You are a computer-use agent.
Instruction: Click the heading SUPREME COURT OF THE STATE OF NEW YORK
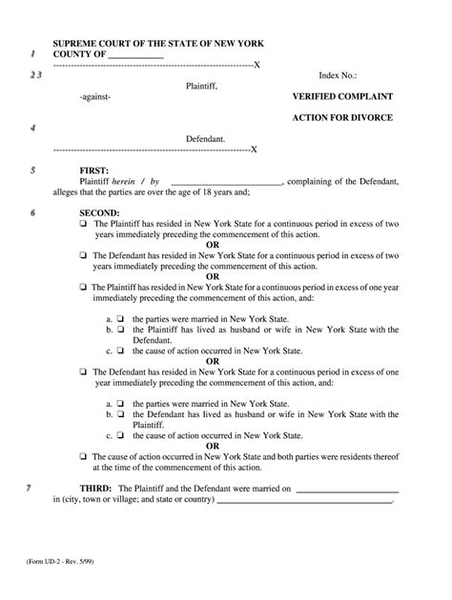pos(158,44)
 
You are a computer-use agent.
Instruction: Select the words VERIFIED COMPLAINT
pos(341,97)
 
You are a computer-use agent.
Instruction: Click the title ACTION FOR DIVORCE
pos(341,117)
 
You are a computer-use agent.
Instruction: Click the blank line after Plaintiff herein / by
pos(225,180)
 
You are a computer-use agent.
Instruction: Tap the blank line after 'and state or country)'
pos(304,501)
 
